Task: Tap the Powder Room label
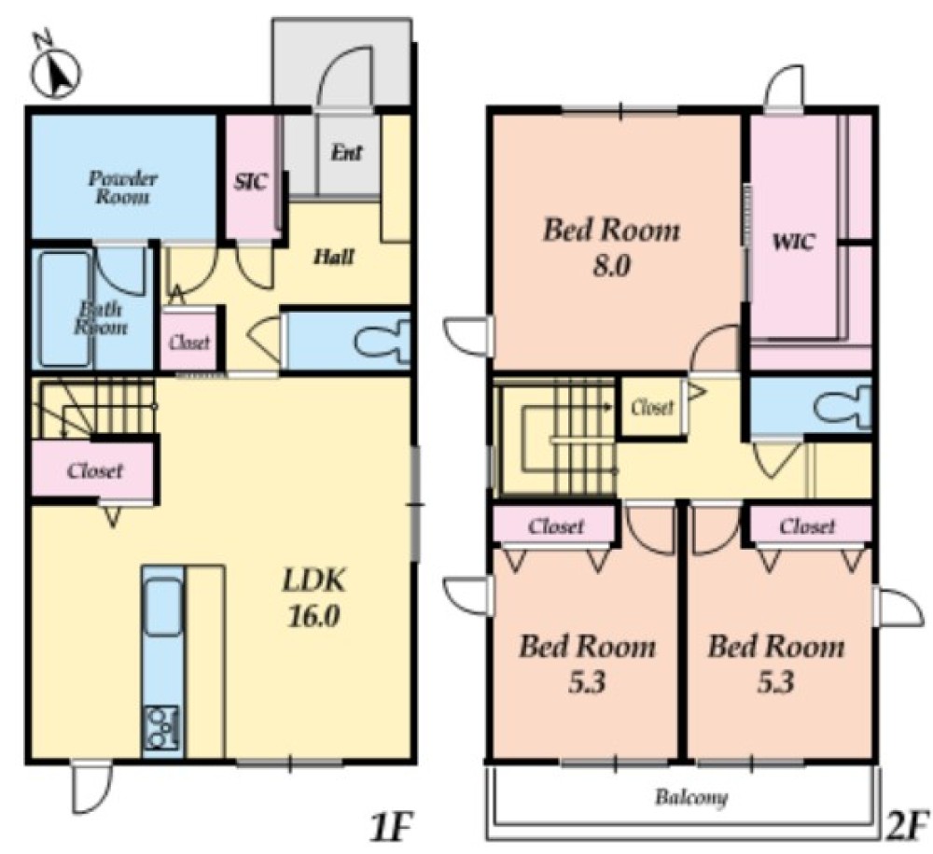click(122, 188)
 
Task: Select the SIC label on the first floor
click(250, 181)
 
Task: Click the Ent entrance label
click(346, 153)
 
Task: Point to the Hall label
click(334, 257)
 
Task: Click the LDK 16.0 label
click(313, 598)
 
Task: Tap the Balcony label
click(691, 797)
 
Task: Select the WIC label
click(793, 243)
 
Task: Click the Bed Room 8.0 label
click(611, 248)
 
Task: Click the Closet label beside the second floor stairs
click(653, 408)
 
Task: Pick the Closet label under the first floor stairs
click(95, 470)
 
